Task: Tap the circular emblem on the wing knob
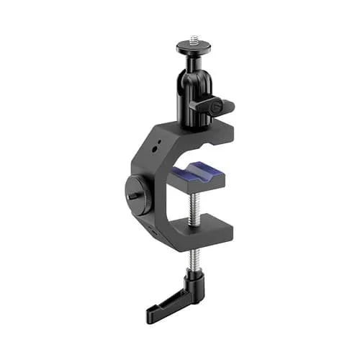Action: [215, 107]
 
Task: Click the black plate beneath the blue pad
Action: [201, 186]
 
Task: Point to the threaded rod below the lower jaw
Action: [194, 256]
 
